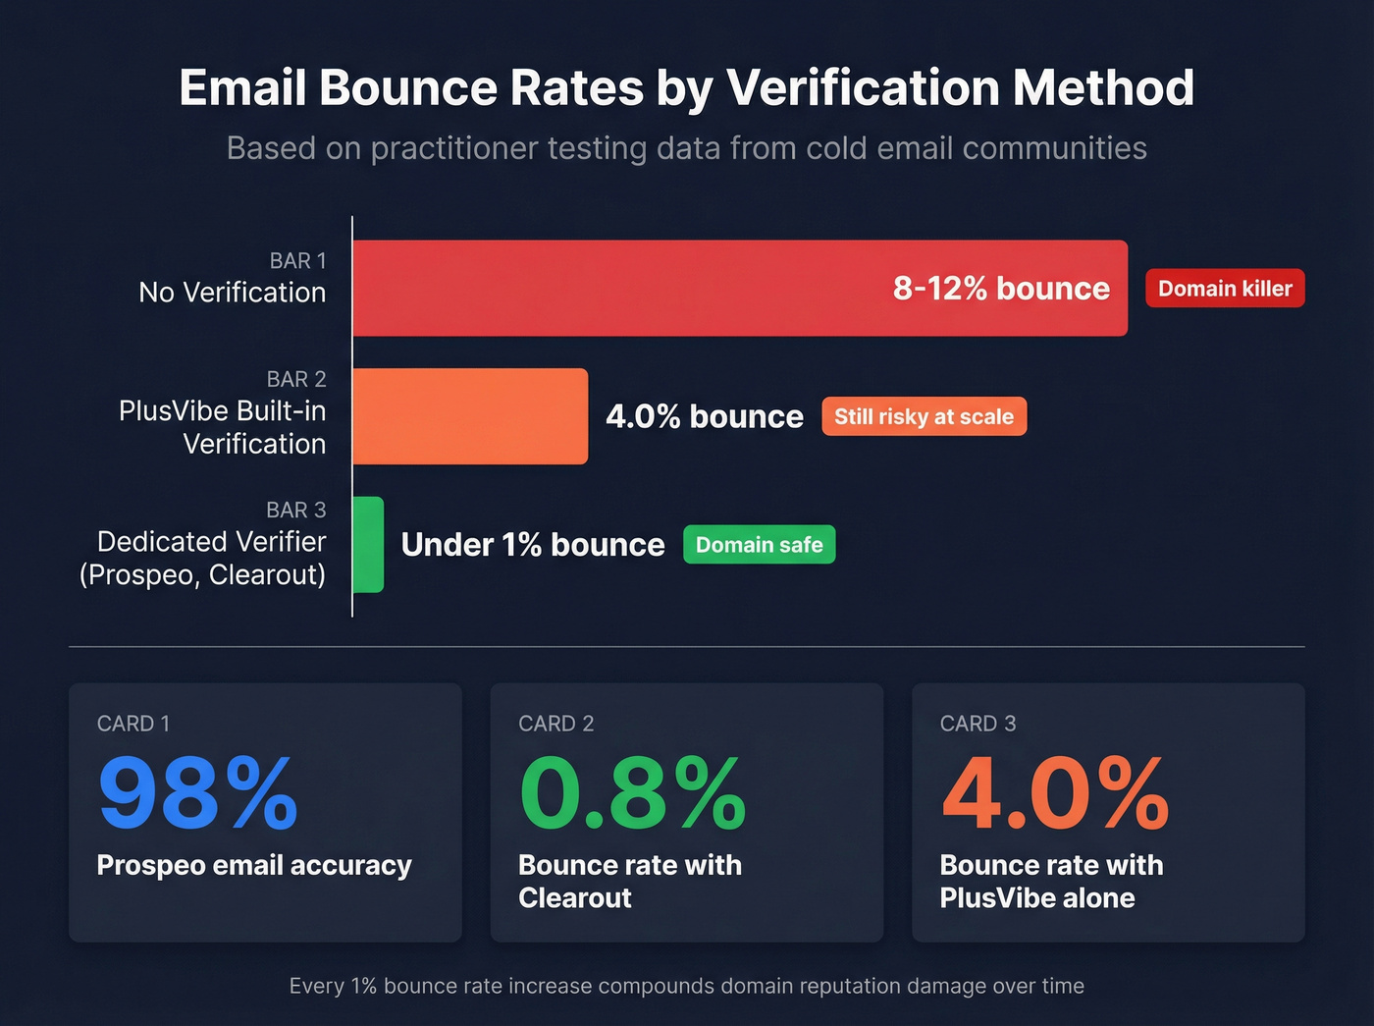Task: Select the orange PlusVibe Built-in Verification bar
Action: point(470,416)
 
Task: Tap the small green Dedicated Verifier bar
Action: point(368,544)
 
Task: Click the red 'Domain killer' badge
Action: point(1225,289)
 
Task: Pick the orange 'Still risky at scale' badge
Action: point(924,416)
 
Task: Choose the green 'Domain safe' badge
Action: point(759,545)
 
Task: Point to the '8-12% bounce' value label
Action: point(1001,288)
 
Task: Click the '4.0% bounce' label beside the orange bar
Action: point(705,416)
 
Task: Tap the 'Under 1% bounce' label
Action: point(533,545)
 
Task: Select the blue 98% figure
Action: point(197,792)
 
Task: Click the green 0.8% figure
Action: point(632,792)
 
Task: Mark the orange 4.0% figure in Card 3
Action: point(1054,792)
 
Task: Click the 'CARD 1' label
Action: point(133,724)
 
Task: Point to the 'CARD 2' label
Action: point(555,724)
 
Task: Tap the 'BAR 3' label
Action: point(295,510)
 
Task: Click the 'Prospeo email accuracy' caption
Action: point(254,865)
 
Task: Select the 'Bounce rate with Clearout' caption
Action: point(629,881)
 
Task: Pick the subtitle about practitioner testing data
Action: point(686,148)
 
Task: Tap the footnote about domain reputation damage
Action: point(686,986)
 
